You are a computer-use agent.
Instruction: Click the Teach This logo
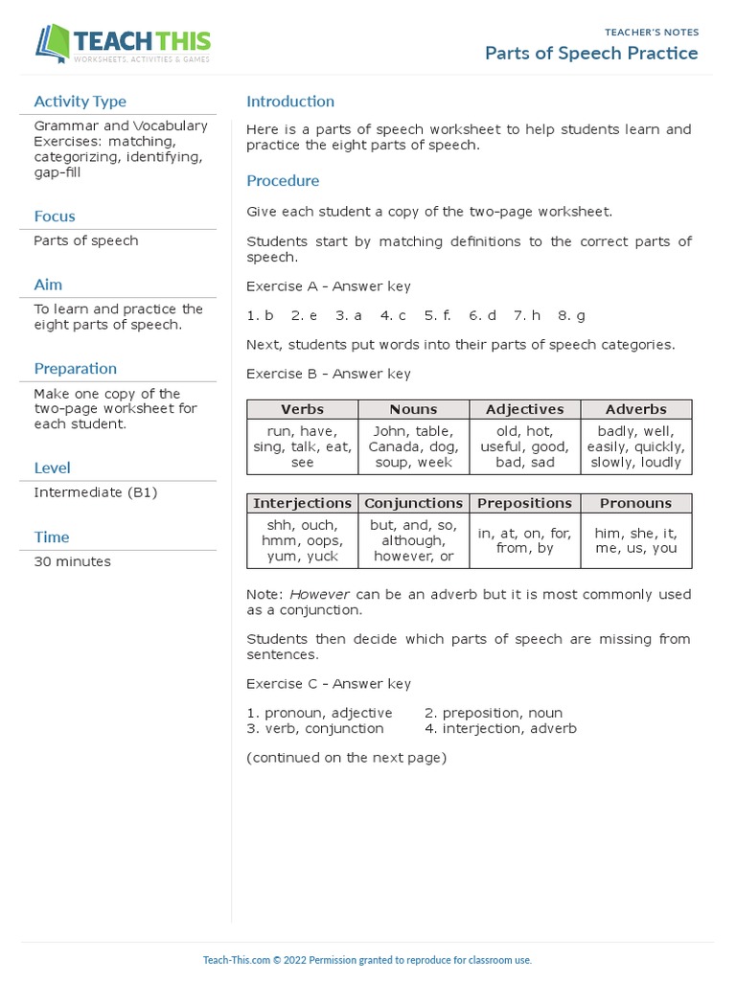123,44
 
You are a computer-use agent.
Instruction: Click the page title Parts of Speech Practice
591,54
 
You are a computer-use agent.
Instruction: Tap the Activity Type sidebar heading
80,102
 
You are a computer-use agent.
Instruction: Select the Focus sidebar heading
55,217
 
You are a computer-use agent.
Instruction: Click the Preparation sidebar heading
75,369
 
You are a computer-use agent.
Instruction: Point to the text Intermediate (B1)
95,492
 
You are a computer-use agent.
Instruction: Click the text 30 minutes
72,561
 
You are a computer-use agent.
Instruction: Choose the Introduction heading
290,102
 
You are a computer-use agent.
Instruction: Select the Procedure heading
283,181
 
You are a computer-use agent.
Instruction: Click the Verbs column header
302,409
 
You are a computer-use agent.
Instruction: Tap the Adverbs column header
635,409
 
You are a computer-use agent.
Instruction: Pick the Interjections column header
302,503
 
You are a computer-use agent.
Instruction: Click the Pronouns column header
637,503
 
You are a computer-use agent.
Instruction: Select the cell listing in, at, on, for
525,540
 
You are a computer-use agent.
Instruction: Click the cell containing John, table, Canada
413,446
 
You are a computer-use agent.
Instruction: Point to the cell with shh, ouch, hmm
302,540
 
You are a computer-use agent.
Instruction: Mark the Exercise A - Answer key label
329,286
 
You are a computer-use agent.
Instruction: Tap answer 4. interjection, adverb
500,729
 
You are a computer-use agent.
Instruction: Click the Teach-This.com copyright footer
367,960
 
